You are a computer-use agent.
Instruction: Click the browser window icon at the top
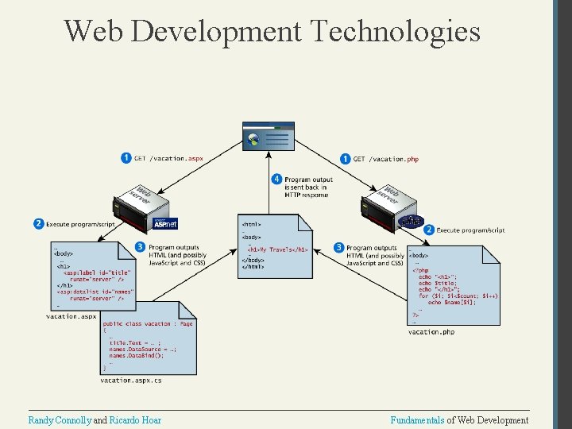[269, 137]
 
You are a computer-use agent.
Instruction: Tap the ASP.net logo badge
[165, 223]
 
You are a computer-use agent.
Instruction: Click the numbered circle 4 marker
[277, 180]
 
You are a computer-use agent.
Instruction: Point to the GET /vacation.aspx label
[168, 158]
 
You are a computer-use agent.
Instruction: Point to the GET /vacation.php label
[385, 159]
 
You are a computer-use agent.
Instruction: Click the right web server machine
[389, 202]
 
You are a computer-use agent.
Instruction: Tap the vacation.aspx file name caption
[71, 316]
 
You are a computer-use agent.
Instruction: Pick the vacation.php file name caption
[431, 331]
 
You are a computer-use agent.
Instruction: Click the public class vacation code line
[148, 324]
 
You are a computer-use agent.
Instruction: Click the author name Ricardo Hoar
[135, 420]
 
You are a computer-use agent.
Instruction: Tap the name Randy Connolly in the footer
[60, 420]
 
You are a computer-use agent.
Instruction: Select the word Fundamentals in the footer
[417, 420]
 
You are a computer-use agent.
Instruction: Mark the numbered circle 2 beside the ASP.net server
[38, 224]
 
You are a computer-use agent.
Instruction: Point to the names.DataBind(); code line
[137, 356]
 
